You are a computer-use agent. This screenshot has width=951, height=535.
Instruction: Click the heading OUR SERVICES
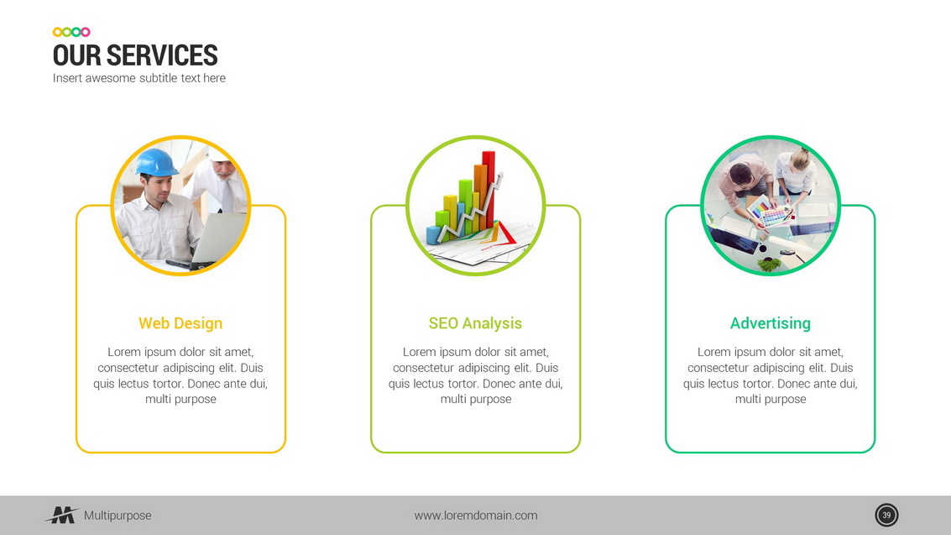[x=135, y=55]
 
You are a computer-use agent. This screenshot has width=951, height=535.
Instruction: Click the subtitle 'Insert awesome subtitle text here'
[x=138, y=78]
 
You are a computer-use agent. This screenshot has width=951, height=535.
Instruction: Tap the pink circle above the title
[x=86, y=32]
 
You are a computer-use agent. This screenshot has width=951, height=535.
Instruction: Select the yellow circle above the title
[x=57, y=32]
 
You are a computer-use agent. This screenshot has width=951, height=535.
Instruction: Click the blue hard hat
[x=156, y=163]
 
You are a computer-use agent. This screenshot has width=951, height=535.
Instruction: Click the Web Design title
[x=180, y=323]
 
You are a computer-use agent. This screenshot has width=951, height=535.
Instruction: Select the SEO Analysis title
[x=475, y=323]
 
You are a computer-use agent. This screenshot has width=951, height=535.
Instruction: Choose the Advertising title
[x=771, y=323]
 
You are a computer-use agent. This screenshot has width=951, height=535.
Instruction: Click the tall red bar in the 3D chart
[x=489, y=189]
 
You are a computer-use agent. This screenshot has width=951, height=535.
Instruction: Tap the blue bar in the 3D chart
[x=433, y=234]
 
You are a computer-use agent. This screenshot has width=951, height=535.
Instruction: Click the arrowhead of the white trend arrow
[x=499, y=177]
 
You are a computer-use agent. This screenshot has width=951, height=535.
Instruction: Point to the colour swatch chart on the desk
[x=769, y=212]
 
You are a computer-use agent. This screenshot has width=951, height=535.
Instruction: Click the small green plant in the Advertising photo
[x=769, y=265]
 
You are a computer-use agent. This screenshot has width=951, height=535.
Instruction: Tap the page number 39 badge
[x=886, y=515]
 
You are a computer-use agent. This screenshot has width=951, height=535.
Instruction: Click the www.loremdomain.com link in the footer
[x=475, y=516]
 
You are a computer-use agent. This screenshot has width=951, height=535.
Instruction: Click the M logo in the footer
[x=62, y=515]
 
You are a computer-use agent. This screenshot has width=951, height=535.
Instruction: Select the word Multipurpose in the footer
[x=118, y=516]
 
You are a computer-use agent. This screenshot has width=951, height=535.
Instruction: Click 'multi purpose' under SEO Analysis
[x=475, y=400]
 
